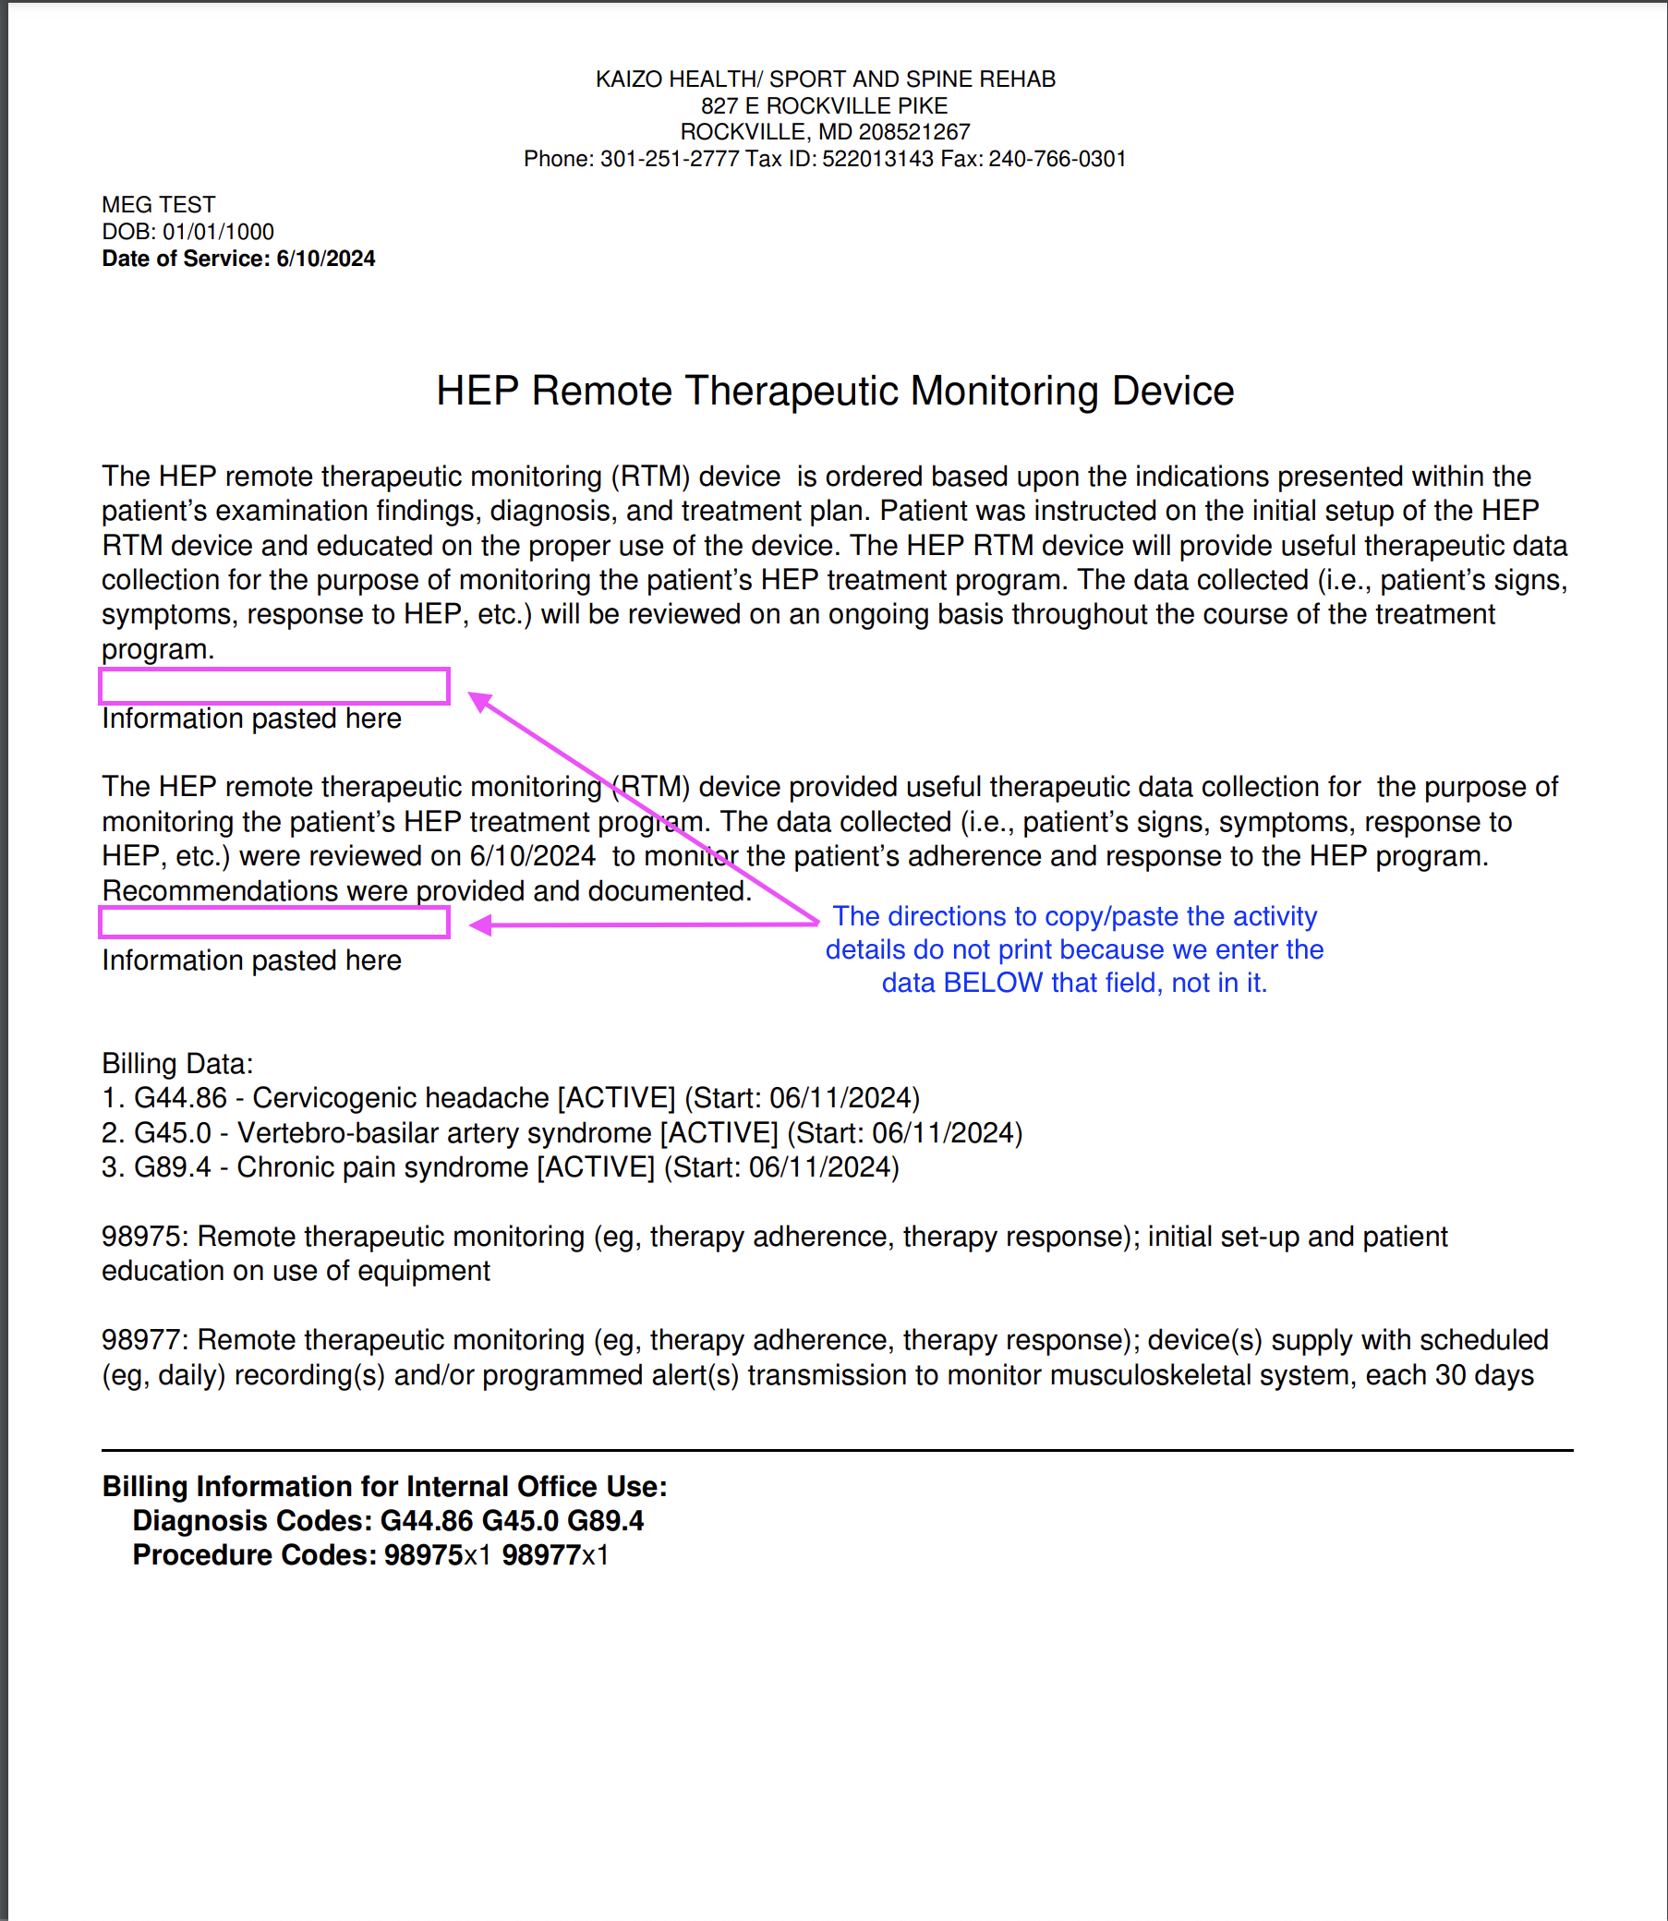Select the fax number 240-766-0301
(1057, 159)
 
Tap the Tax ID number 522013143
(876, 159)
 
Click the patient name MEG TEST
(158, 205)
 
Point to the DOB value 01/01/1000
(218, 232)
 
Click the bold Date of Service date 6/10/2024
(326, 259)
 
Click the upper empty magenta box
(273, 686)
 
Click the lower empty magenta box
(273, 922)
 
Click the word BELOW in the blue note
(992, 983)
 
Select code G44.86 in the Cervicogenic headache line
(181, 1098)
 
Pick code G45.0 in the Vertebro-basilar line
(173, 1132)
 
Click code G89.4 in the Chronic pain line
(173, 1167)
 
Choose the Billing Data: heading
(176, 1064)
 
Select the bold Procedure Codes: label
(254, 1555)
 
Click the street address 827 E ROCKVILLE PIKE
(824, 106)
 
